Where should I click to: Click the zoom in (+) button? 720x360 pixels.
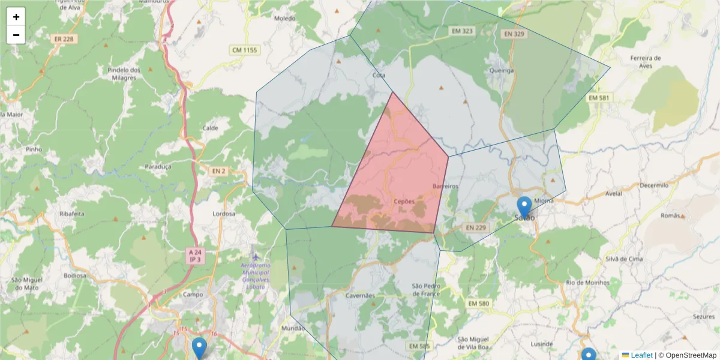16,17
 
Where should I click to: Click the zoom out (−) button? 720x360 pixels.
16,35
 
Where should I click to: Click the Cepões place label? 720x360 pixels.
404,202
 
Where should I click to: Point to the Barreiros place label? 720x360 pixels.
446,187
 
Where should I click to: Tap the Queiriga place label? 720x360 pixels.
502,70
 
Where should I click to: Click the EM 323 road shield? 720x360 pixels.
461,30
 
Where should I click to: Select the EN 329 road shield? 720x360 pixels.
514,34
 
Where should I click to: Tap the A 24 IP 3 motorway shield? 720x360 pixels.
194,256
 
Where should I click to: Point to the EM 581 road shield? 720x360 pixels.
599,98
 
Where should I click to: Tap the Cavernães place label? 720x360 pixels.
361,296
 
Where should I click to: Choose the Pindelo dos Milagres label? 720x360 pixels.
124,74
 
